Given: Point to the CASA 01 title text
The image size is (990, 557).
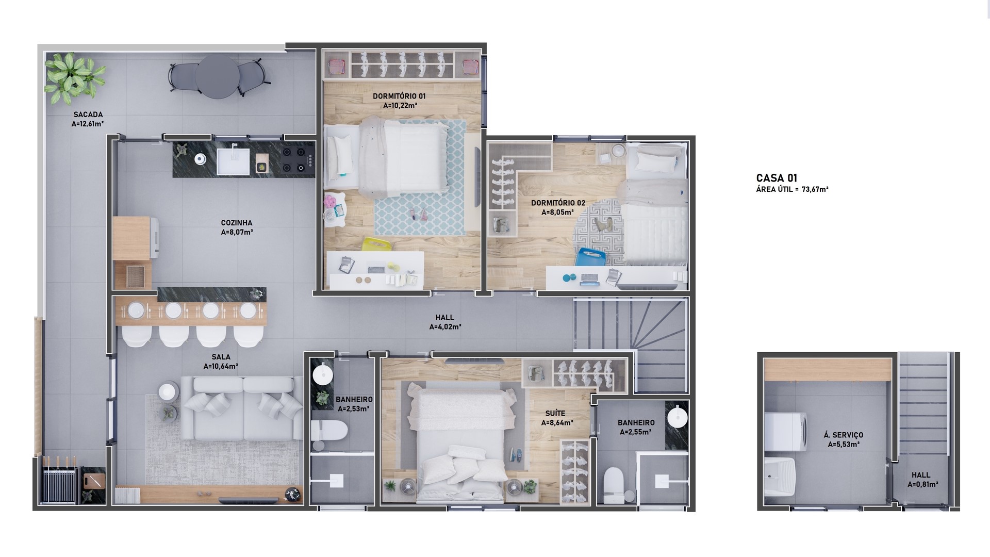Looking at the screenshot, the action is coord(777,178).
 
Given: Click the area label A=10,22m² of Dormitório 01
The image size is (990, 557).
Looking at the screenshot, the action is coord(400,106).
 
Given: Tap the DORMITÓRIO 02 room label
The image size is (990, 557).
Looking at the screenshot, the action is coord(558,203).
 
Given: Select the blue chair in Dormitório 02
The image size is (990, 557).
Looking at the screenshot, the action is coord(591,257).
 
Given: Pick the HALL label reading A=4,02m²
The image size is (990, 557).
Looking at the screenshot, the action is coord(445,327).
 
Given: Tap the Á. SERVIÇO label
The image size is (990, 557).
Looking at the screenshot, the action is coord(844,435).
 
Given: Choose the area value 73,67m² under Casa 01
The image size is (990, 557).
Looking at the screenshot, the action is coord(815,190).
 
